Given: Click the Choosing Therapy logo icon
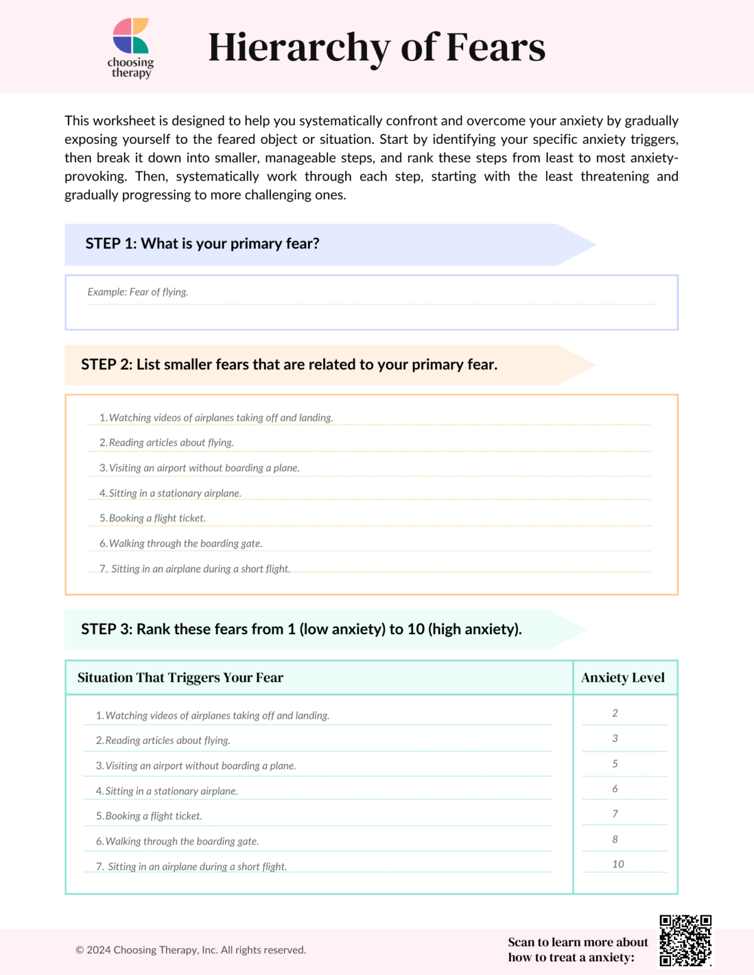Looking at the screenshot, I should (x=131, y=36).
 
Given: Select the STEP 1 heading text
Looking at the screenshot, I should (x=202, y=244).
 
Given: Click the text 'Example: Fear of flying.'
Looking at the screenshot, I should (x=138, y=292).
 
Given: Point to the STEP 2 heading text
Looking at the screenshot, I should (x=289, y=365).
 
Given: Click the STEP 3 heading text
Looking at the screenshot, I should (x=301, y=629).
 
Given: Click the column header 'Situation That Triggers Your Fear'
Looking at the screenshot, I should (x=180, y=677).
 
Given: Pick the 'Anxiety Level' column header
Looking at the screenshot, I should (x=623, y=677).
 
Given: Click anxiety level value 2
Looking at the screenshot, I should (x=615, y=713).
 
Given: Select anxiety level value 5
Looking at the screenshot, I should (x=615, y=764).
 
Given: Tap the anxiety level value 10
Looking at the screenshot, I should (x=618, y=865).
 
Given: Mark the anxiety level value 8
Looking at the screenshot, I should (x=615, y=839).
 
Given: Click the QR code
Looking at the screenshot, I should (x=686, y=940).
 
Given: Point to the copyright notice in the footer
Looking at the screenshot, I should (x=191, y=951).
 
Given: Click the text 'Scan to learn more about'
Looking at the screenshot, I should (x=577, y=942).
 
